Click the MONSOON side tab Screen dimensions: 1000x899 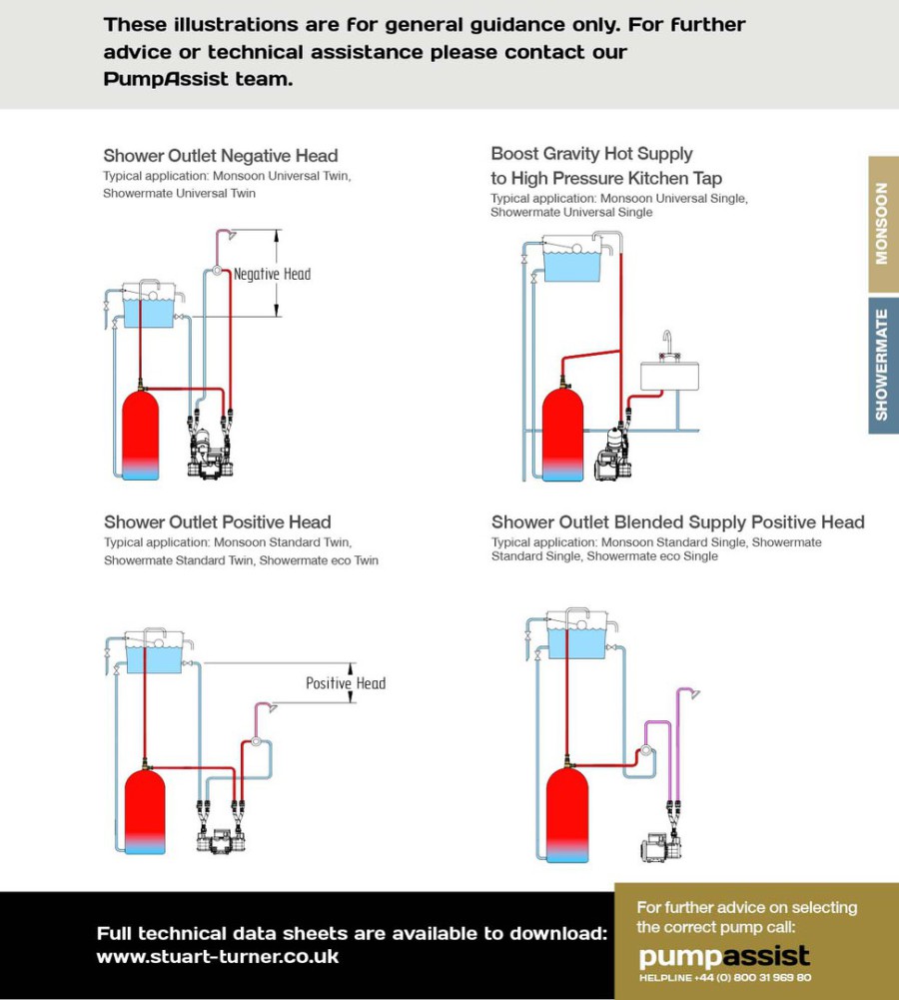[882, 224]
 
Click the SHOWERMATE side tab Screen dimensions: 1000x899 [882, 365]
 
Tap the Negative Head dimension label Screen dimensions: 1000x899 [272, 274]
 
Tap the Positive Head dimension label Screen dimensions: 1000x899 [346, 683]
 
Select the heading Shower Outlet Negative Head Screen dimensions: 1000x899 [221, 156]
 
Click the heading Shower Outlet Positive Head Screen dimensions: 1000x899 [217, 521]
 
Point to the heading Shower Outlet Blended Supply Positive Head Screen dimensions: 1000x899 [677, 521]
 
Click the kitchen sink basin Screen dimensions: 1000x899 [669, 376]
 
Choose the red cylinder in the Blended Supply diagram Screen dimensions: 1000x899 [567, 814]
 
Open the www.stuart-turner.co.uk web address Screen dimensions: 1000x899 [217, 956]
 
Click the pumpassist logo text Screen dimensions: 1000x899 [723, 956]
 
